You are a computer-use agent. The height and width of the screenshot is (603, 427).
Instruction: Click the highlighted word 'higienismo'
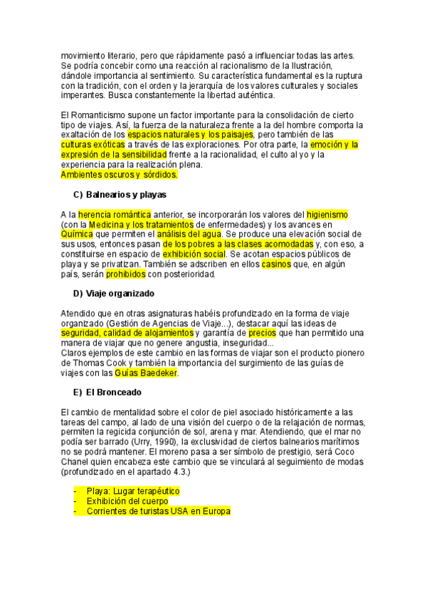[327, 214]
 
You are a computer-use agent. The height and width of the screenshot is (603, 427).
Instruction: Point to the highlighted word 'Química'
[77, 234]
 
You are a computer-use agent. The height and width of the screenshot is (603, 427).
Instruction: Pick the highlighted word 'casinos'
[276, 264]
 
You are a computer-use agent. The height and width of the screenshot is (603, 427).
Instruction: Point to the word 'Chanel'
[77, 461]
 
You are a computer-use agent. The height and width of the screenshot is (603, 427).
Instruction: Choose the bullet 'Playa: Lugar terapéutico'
[133, 491]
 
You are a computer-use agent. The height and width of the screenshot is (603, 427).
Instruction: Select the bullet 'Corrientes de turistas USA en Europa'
[159, 511]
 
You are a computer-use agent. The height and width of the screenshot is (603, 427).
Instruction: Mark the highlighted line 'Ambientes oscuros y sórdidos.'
[119, 174]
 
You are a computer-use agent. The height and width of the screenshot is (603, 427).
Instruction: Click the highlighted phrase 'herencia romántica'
[115, 214]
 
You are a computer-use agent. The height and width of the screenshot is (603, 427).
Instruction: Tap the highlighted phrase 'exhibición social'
[194, 254]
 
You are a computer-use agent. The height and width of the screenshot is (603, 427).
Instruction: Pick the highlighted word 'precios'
[261, 333]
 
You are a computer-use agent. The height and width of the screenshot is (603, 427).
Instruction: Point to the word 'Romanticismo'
[98, 115]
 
